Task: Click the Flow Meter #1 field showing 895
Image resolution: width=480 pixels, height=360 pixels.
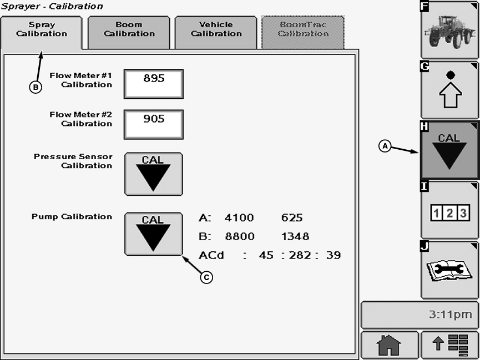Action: pos(154,84)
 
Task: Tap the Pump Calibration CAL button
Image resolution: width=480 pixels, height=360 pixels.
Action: pos(153,234)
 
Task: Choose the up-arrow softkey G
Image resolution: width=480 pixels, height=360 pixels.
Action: pos(449,90)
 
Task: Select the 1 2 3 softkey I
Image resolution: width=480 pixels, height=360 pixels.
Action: pos(449,210)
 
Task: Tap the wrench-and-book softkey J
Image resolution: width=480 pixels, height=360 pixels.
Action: pos(449,270)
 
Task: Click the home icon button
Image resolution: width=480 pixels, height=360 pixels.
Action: pos(389,345)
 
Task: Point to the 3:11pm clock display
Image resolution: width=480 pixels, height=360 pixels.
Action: pos(420,315)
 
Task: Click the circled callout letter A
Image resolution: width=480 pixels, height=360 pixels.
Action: pos(385,146)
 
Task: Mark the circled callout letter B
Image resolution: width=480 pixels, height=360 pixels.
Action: pos(36,87)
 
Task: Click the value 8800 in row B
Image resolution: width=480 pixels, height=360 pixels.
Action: pos(239,237)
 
